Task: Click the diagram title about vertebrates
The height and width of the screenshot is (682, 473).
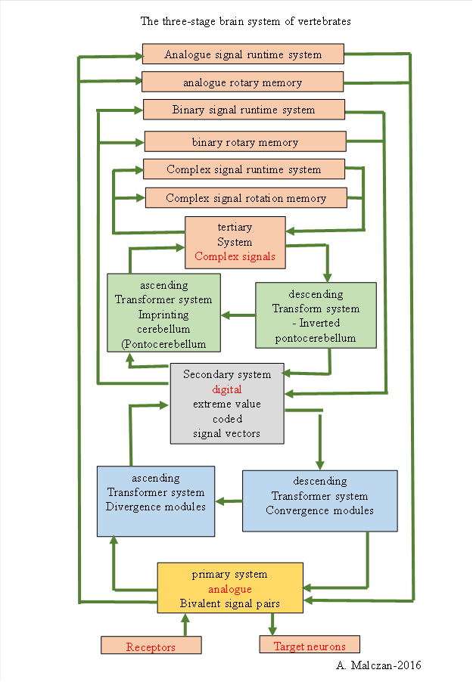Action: pos(245,21)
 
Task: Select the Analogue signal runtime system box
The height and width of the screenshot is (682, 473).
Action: pos(243,54)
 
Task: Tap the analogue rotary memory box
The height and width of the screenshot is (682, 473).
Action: pos(242,82)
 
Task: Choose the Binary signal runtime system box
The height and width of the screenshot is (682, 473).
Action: pos(244,110)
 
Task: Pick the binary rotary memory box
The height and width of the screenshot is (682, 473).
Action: pos(244,141)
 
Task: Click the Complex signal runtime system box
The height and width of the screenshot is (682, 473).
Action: pos(244,169)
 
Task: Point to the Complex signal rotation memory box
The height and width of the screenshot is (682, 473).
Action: pos(246,198)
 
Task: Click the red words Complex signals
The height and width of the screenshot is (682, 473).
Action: pos(235,256)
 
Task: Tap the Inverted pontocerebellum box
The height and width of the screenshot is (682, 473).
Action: pos(315,315)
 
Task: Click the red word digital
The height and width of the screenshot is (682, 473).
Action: pos(226,389)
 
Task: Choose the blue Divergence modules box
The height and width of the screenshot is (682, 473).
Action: pos(156,501)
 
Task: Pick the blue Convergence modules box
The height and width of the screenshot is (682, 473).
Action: pos(319,501)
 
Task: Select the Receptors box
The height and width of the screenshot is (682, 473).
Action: pos(151,646)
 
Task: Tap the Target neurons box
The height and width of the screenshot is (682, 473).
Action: pos(309,646)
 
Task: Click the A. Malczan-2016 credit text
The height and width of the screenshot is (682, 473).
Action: pos(377,665)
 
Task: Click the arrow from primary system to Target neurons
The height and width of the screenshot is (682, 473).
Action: pos(273,625)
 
